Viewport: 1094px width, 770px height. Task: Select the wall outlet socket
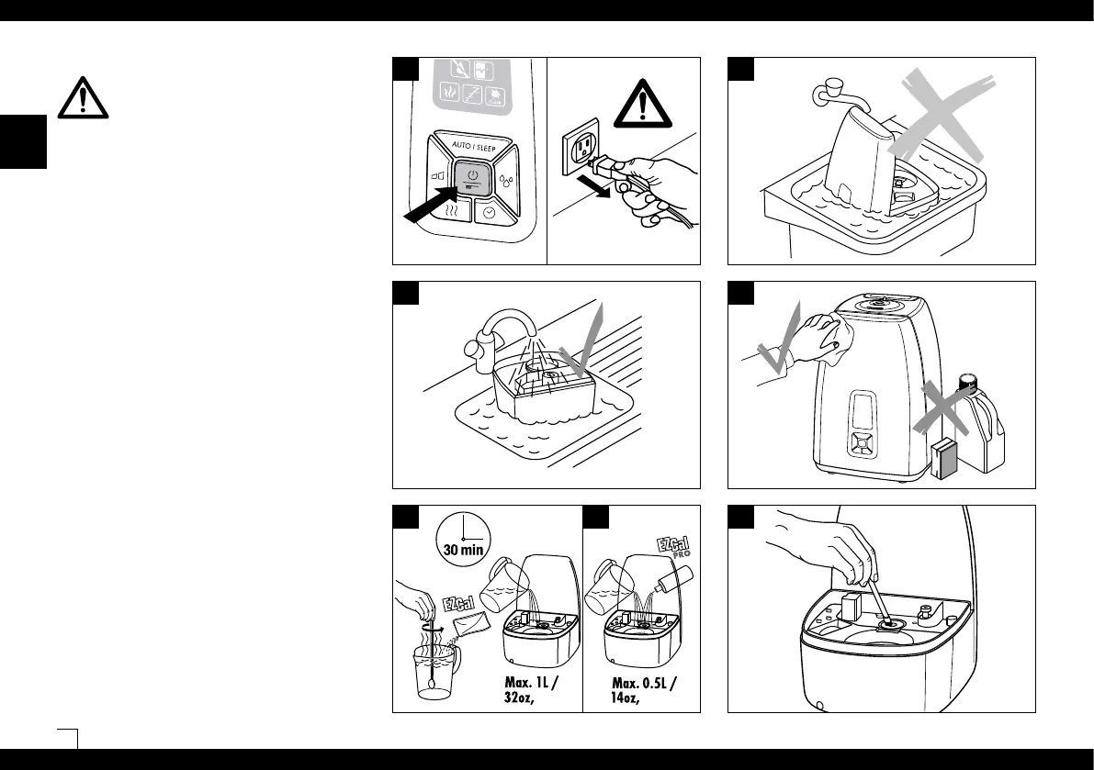click(x=579, y=147)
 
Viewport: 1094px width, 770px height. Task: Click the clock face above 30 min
click(x=463, y=536)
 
